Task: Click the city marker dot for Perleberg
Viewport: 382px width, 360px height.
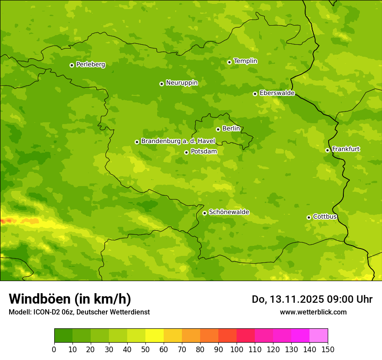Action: point(72,65)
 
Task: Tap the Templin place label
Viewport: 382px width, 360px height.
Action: point(245,61)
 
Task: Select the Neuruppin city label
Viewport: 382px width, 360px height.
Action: point(181,83)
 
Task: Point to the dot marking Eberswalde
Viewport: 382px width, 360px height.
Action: point(255,94)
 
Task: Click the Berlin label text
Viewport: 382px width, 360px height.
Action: point(231,129)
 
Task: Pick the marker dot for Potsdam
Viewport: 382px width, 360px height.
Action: point(186,152)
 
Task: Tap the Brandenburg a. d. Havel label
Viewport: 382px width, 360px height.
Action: point(178,141)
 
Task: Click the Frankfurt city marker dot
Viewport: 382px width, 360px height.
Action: point(327,150)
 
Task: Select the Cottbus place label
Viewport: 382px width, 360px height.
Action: point(325,217)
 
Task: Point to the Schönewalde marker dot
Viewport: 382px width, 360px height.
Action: point(204,213)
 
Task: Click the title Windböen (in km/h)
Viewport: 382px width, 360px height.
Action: point(70,299)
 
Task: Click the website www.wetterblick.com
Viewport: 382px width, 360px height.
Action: point(313,312)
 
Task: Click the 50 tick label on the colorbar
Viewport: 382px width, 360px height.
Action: point(145,349)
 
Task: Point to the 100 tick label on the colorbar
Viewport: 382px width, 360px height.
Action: point(237,349)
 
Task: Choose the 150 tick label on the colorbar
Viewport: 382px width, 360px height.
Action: point(327,349)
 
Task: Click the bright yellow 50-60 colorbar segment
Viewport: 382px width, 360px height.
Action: point(155,336)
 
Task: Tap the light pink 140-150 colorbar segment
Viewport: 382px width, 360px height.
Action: point(319,336)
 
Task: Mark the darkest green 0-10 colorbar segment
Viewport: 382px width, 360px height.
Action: point(63,336)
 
